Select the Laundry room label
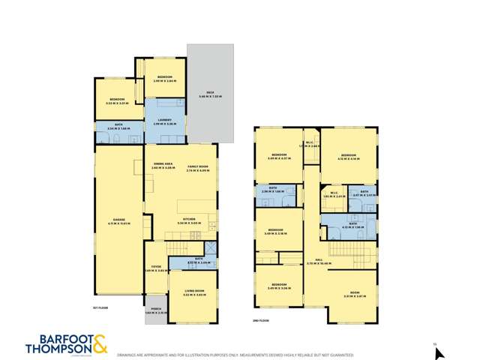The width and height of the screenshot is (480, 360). pos(164,121)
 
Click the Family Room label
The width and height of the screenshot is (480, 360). pos(197,169)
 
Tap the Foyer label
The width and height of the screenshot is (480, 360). pos(154,267)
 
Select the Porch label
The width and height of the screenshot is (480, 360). pos(156,311)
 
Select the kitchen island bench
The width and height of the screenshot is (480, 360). pos(193,205)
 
